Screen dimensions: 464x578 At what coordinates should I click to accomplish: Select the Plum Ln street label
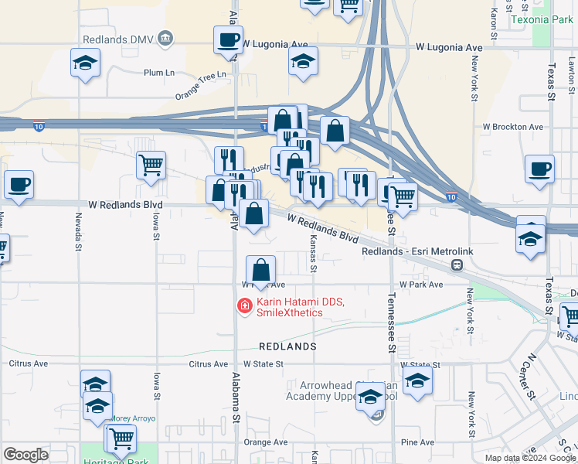pos(161,72)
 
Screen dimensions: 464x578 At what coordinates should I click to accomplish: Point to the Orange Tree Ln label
pos(203,85)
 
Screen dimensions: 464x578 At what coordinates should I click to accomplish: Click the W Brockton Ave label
pos(512,126)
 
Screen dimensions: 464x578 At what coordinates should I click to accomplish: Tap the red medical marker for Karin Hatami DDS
pos(245,307)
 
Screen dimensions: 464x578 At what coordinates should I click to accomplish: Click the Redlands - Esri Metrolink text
pos(405,252)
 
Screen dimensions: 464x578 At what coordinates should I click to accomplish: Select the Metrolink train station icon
pos(457,265)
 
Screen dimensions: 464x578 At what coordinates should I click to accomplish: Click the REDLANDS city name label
pos(287,346)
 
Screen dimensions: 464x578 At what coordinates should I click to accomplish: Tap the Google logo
pos(25,455)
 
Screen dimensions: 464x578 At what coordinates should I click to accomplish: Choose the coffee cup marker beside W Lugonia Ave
pos(228,39)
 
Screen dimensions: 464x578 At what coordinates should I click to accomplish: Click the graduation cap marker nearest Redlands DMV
pos(85,63)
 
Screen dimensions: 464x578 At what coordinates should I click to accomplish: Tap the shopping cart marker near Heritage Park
pos(121,438)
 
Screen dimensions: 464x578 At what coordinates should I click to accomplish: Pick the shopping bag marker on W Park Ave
pos(261,270)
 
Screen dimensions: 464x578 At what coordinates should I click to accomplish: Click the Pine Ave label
pos(418,442)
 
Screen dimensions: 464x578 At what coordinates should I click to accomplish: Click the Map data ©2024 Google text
pos(531,458)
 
